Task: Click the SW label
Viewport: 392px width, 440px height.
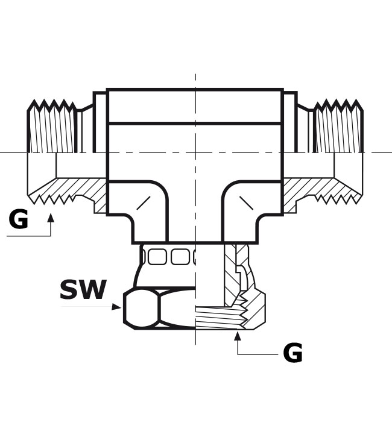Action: pos(83,289)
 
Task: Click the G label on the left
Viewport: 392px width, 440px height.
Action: pos(18,219)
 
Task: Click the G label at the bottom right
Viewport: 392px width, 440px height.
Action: pos(292,353)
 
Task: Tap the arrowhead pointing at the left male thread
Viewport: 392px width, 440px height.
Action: pos(51,218)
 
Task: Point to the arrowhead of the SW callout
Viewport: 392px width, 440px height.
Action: pos(116,307)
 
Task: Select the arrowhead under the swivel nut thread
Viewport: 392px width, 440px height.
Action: pos(238,336)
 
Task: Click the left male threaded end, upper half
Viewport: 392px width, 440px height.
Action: pos(52,127)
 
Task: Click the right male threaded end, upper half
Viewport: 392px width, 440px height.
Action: pos(339,127)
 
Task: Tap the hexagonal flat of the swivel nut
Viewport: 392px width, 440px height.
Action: pos(141,308)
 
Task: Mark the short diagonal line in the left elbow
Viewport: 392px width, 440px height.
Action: pos(143,203)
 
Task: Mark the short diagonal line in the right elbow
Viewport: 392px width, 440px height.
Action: pos(246,203)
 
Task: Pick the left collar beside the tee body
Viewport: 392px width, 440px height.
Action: pos(100,122)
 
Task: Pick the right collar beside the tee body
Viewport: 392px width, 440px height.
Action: pos(290,122)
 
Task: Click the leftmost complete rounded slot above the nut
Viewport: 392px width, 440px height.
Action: pos(157,257)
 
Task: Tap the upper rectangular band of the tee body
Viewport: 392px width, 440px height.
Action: pos(195,106)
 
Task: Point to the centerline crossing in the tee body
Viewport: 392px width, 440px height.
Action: pos(195,152)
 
